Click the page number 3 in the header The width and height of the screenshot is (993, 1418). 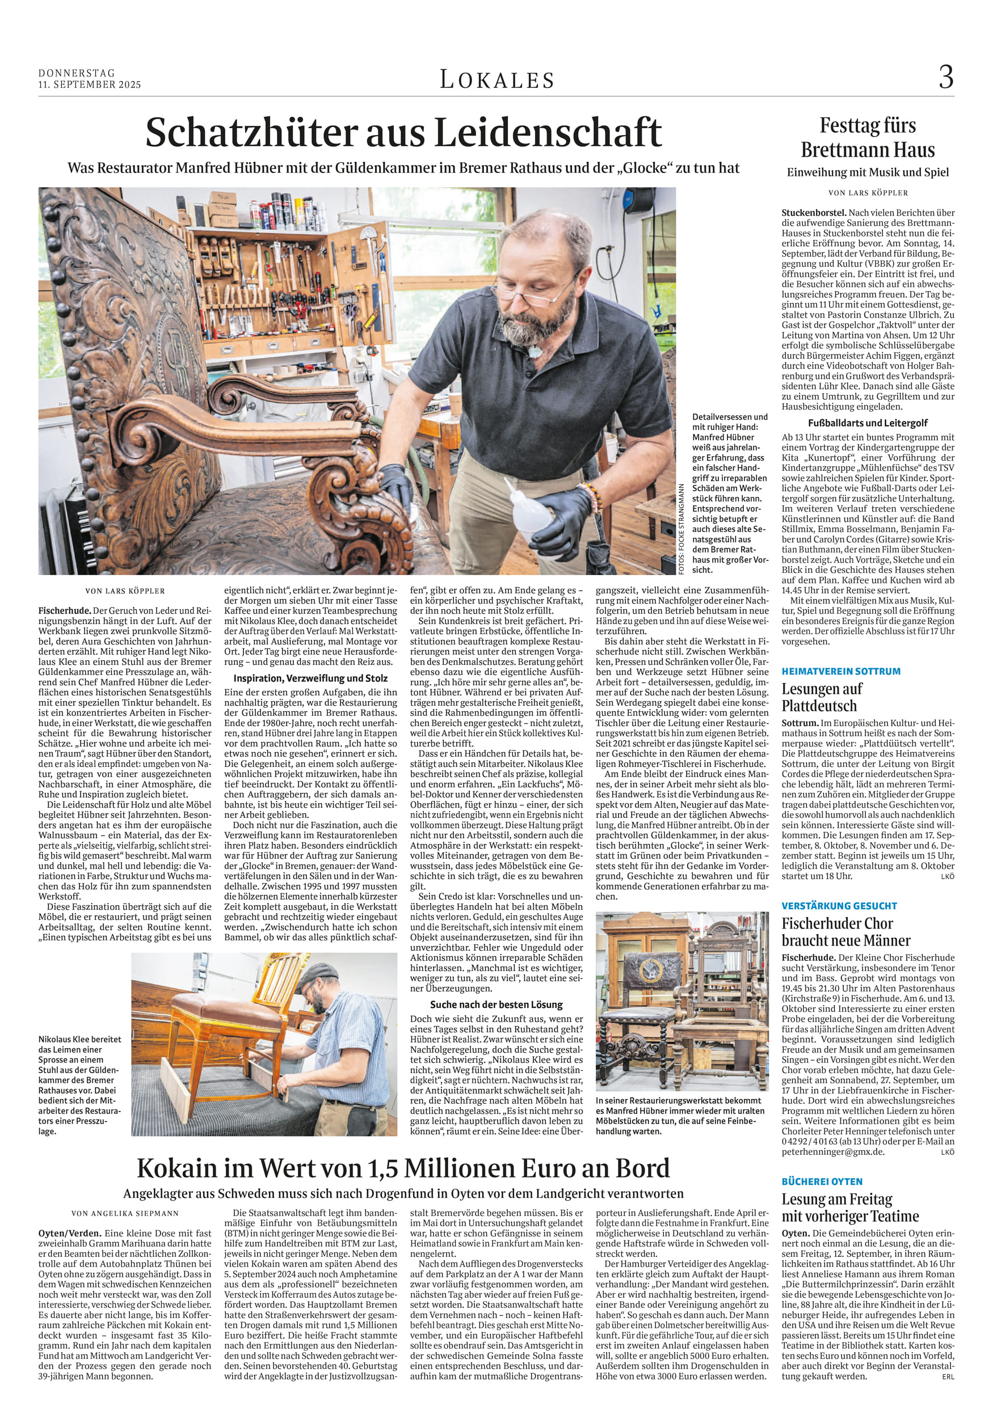click(x=945, y=78)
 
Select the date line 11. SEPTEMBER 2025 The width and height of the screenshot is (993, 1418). click(x=90, y=85)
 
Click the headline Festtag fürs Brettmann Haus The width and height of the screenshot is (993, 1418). click(x=868, y=138)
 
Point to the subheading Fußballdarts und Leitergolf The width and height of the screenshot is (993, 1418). click(x=868, y=423)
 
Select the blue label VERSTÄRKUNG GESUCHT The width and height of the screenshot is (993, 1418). click(x=839, y=906)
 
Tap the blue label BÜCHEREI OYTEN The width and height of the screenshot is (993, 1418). click(x=822, y=1181)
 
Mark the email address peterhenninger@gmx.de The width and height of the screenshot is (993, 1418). click(x=832, y=1152)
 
